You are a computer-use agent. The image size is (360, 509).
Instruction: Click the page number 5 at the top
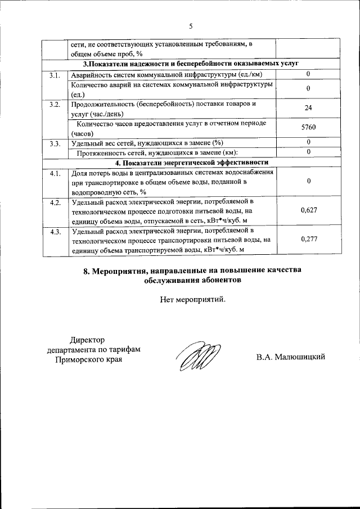[x=191, y=26]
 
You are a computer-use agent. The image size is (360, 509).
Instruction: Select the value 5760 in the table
[x=308, y=128]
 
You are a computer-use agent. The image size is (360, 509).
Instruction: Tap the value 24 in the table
[x=308, y=108]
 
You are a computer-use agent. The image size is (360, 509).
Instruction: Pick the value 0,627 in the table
[x=309, y=210]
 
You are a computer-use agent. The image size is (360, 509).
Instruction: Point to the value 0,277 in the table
[x=309, y=239]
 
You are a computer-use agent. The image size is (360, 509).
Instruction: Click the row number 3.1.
[x=55, y=75]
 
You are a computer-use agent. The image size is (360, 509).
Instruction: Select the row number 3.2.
[x=55, y=104]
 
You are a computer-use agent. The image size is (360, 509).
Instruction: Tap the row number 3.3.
[x=55, y=143]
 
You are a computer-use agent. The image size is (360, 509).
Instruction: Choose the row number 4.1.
[x=55, y=173]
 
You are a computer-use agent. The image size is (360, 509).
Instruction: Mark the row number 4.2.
[x=55, y=202]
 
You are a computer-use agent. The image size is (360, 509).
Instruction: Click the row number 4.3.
[x=55, y=231]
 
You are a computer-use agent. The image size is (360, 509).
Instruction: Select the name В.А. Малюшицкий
[x=291, y=357]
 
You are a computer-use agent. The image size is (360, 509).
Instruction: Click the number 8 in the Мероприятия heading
[x=86, y=270]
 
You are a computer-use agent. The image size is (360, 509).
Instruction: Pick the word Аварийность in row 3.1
[x=91, y=75]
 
